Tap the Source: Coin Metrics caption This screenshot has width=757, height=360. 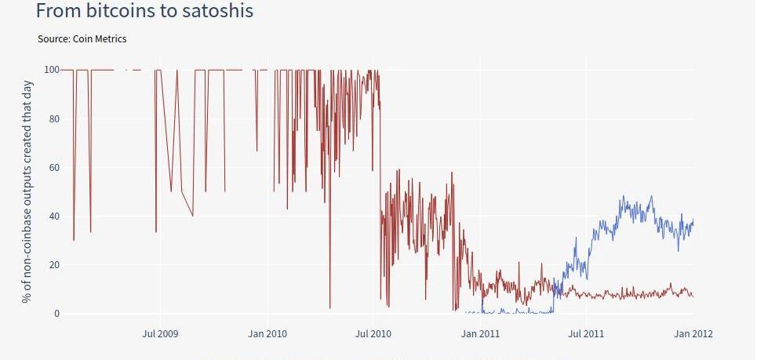82,38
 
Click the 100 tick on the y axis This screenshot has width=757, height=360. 52,70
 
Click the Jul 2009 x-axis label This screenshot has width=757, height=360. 160,334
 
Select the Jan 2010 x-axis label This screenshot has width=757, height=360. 267,334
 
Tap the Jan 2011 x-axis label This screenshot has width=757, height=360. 479,334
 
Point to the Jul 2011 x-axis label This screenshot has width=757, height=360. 585,334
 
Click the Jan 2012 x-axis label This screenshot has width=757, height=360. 693,334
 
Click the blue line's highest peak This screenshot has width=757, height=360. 624,197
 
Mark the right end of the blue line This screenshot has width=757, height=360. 693,219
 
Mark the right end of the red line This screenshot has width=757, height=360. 693,296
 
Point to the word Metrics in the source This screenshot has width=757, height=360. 109,38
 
